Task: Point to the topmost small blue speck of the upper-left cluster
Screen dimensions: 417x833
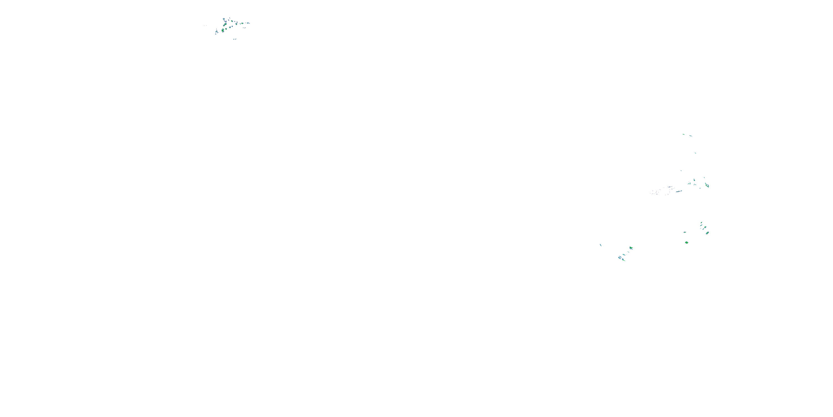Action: pyautogui.click(x=229, y=18)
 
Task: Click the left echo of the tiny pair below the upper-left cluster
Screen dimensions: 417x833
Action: pyautogui.click(x=234, y=39)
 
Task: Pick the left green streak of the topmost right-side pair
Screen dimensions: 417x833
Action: pyautogui.click(x=684, y=134)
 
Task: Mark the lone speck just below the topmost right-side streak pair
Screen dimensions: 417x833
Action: pyautogui.click(x=695, y=153)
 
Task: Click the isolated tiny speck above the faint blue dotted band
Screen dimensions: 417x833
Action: pyautogui.click(x=681, y=171)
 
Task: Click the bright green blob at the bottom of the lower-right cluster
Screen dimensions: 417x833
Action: pyautogui.click(x=686, y=242)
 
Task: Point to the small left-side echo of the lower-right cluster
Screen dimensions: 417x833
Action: pyautogui.click(x=684, y=232)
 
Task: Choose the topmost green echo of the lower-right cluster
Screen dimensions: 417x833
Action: pyautogui.click(x=701, y=223)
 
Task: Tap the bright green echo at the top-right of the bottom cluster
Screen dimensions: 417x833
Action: pyautogui.click(x=631, y=248)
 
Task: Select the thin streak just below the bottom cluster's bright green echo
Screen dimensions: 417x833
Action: pyautogui.click(x=628, y=252)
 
